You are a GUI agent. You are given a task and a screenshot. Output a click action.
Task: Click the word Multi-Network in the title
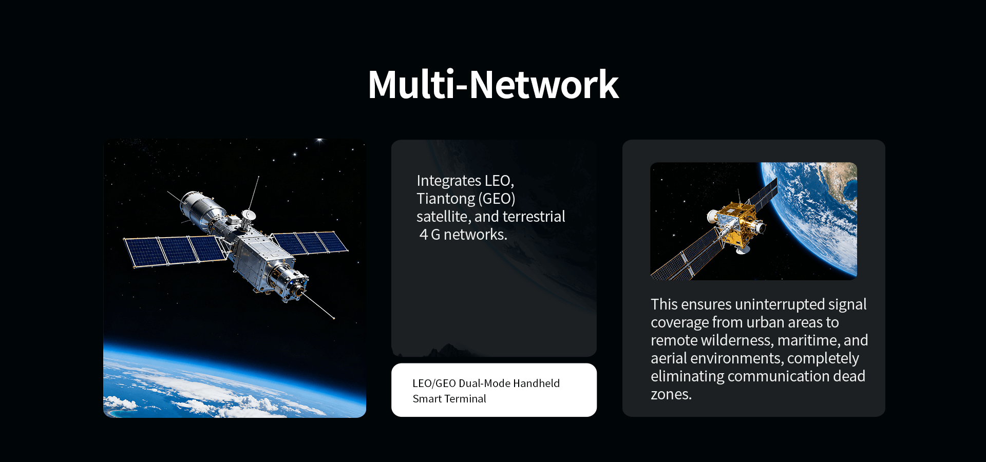pos(493,85)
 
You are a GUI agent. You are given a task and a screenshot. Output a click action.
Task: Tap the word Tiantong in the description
pos(446,199)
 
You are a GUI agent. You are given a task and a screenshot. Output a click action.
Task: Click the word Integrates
pos(449,181)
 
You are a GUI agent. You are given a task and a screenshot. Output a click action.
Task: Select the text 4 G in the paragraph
pos(430,235)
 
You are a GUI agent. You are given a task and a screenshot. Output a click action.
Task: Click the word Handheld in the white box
pos(536,383)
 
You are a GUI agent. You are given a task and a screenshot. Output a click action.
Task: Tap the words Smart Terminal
pos(449,399)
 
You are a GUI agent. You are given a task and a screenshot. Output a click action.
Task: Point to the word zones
pos(671,394)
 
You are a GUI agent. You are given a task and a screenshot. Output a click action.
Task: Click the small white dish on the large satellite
pos(249,214)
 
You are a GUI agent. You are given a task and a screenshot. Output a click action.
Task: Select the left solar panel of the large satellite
pos(175,251)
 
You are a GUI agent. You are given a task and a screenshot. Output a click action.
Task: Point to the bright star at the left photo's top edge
pos(319,140)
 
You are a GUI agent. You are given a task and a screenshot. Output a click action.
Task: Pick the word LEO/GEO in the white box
pos(434,383)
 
